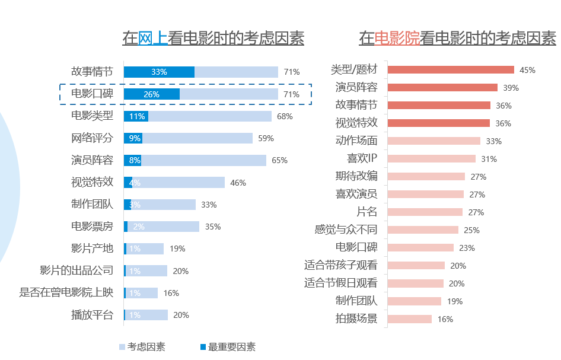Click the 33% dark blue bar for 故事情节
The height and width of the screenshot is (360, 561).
pyautogui.click(x=159, y=72)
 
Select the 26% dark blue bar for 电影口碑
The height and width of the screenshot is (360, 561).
pyautogui.click(x=152, y=94)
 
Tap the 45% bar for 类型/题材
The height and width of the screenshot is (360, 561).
pyautogui.click(x=450, y=70)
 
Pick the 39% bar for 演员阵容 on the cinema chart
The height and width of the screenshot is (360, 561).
pyautogui.click(x=442, y=88)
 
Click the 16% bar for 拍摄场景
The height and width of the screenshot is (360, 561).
pyautogui.click(x=409, y=319)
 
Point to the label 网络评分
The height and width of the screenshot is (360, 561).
pyautogui.click(x=92, y=138)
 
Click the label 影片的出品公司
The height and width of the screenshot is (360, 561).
pyautogui.click(x=76, y=270)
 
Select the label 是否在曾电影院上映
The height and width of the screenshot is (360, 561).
pyautogui.click(x=66, y=292)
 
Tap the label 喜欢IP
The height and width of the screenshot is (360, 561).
pyautogui.click(x=362, y=159)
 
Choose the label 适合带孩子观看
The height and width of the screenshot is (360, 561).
pyautogui.click(x=340, y=265)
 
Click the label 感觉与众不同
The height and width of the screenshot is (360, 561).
pyautogui.click(x=346, y=230)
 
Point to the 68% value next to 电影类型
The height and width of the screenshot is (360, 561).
pyautogui.click(x=285, y=116)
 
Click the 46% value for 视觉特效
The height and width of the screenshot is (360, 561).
pyautogui.click(x=238, y=183)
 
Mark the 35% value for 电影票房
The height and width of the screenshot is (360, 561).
pyautogui.click(x=212, y=227)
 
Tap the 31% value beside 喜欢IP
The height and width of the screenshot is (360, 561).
pyautogui.click(x=489, y=159)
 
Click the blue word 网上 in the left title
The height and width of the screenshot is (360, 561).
pyautogui.click(x=153, y=39)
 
